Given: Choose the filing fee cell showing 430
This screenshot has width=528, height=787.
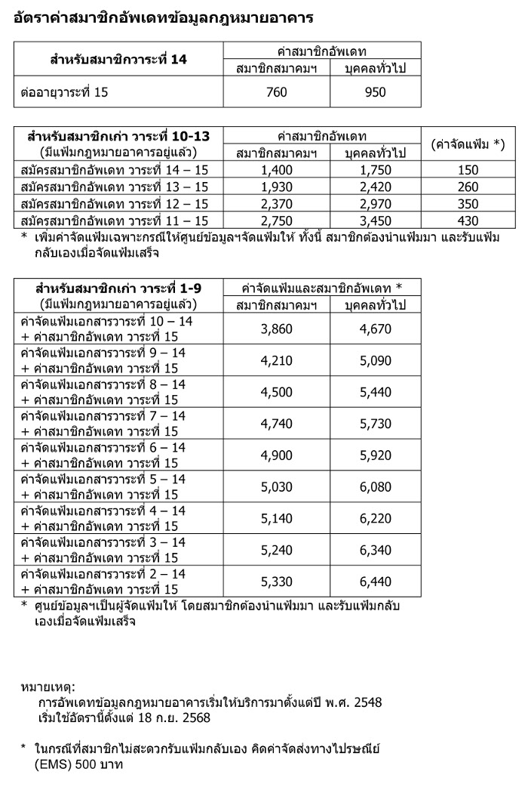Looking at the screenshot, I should pyautogui.click(x=468, y=220).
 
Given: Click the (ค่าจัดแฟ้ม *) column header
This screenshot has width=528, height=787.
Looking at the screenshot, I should pyautogui.click(x=468, y=144).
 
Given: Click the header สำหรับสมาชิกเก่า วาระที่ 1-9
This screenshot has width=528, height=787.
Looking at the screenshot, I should pyautogui.click(x=118, y=288).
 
